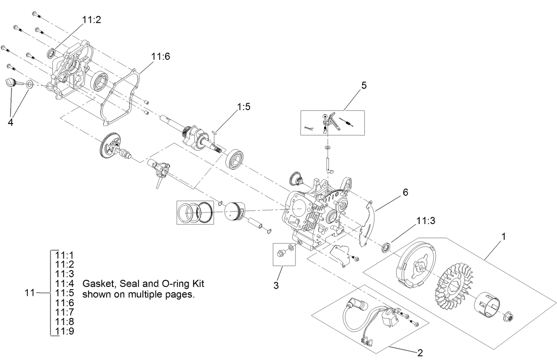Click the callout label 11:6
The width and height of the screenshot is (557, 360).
pyautogui.click(x=160, y=57)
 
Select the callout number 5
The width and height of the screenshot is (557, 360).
pyautogui.click(x=364, y=85)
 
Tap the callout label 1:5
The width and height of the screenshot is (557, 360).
pyautogui.click(x=244, y=108)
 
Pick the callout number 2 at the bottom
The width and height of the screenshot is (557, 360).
pyautogui.click(x=419, y=352)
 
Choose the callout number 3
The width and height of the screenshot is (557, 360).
pyautogui.click(x=276, y=286)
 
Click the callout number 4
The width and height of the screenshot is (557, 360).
pyautogui.click(x=10, y=122)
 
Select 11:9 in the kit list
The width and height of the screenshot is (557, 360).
pyautogui.click(x=65, y=331)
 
